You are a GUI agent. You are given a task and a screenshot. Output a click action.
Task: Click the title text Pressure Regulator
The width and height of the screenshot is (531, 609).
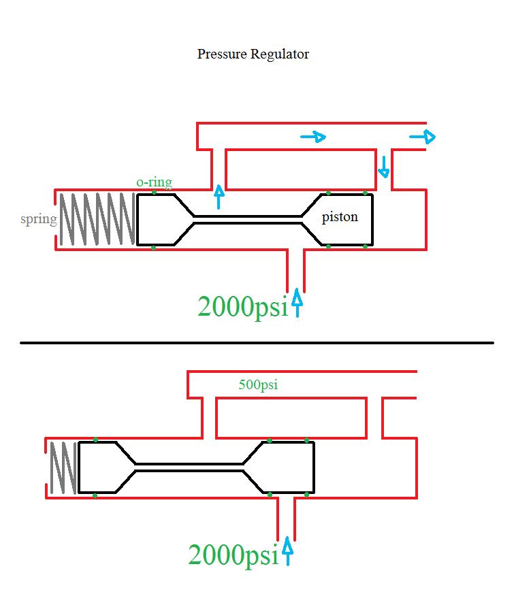(x=253, y=54)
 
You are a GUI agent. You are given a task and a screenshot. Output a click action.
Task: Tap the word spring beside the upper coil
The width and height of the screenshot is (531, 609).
(x=38, y=219)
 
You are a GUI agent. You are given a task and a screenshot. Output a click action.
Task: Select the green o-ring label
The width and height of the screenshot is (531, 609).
(x=155, y=182)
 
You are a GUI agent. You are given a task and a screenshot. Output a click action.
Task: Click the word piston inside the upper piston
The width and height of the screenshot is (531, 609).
(x=340, y=217)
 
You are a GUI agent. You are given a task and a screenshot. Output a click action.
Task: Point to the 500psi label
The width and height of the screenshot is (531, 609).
(x=258, y=384)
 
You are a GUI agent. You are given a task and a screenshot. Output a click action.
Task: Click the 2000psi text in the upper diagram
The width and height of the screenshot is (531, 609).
(x=243, y=307)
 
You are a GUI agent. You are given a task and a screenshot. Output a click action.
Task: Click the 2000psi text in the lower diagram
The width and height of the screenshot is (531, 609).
(x=233, y=555)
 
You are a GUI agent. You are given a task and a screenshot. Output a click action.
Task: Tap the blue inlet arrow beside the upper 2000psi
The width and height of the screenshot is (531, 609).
(x=297, y=303)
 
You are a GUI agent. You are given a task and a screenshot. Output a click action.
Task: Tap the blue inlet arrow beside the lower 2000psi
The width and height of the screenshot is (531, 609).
(x=287, y=550)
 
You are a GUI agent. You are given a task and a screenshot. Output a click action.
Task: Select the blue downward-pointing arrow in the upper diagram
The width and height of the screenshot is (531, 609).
(x=384, y=167)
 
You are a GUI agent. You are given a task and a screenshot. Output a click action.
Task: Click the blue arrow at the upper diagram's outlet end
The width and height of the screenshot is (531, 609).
(x=423, y=137)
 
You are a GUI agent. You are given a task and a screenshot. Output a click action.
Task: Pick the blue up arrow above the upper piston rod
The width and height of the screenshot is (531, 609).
(x=219, y=197)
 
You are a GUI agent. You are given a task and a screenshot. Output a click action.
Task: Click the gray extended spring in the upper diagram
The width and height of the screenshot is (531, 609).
(x=97, y=219)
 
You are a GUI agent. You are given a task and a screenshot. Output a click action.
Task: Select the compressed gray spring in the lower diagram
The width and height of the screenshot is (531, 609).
(x=63, y=467)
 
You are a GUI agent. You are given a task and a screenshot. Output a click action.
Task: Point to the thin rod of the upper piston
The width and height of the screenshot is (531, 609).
(x=247, y=220)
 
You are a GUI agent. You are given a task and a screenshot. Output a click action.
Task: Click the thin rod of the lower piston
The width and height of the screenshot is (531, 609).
(x=189, y=467)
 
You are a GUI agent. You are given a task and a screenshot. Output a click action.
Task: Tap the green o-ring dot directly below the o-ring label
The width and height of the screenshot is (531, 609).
(x=154, y=193)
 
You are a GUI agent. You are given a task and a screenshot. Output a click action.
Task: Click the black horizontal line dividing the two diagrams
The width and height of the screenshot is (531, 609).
(x=257, y=343)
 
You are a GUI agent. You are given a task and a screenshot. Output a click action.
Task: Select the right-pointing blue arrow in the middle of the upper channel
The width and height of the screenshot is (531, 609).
(x=313, y=137)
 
